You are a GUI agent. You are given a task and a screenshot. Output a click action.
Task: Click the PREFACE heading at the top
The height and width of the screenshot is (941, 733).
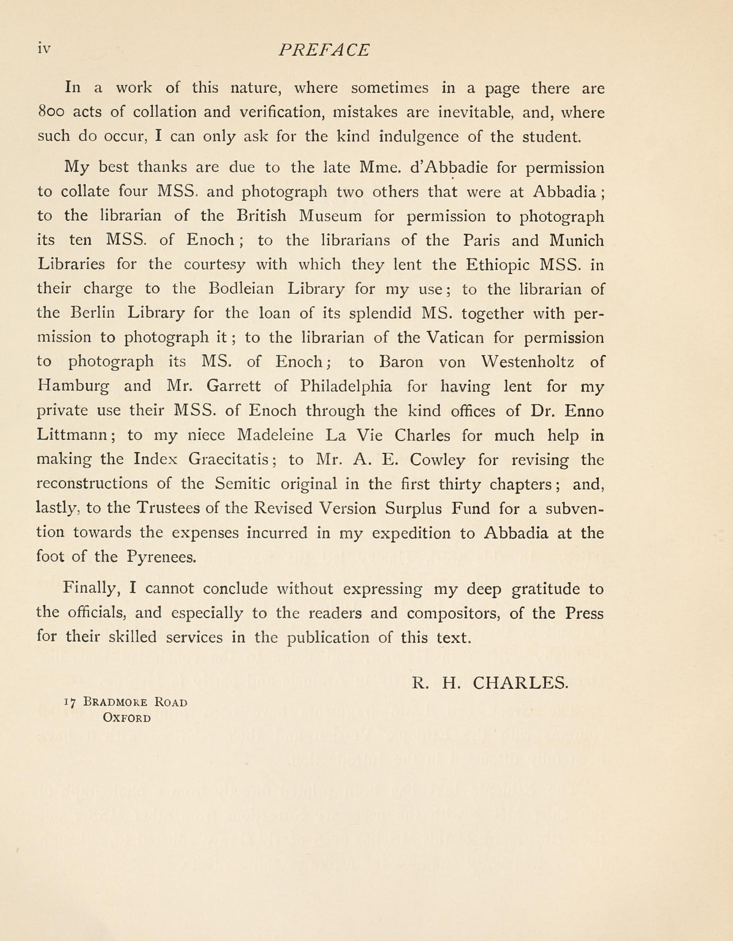coord(324,50)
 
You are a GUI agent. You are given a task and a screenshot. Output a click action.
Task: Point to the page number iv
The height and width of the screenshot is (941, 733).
coord(44,49)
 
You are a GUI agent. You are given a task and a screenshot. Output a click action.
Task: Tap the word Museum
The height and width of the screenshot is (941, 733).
coord(330,215)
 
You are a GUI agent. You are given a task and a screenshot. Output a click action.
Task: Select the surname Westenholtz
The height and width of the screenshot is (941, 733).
coord(528,361)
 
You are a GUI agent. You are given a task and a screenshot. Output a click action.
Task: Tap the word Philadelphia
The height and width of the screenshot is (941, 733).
coord(346,386)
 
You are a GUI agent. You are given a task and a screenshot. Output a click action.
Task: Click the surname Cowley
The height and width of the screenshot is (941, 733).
coord(437,460)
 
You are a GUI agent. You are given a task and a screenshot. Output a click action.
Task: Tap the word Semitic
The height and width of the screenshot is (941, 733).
coord(243,484)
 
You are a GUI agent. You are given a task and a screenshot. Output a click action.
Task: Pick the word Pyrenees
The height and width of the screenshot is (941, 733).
coord(161,557)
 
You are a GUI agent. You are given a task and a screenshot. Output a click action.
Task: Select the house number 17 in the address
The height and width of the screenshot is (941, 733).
coord(70,702)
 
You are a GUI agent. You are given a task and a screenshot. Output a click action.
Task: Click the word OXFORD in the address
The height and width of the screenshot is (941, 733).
coord(127,718)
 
